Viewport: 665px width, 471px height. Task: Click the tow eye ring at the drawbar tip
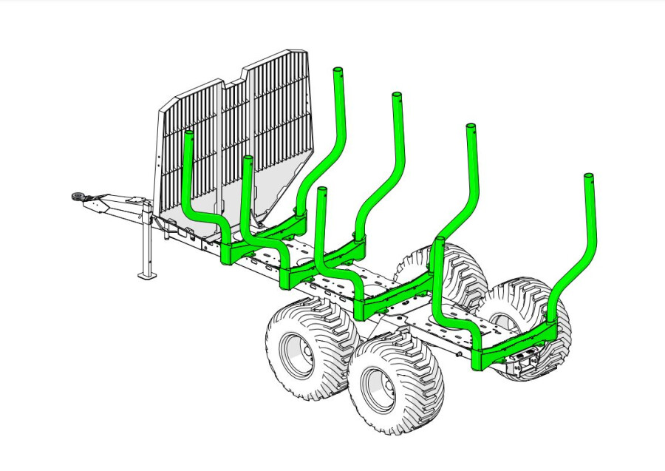coord(77,196)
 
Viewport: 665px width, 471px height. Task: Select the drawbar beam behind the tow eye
coord(118,206)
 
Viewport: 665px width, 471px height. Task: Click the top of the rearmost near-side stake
coord(440,241)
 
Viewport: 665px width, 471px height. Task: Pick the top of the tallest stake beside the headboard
coord(338,71)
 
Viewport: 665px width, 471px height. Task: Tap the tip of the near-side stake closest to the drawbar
coord(188,135)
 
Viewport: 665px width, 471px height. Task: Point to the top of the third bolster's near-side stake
coord(321,192)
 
